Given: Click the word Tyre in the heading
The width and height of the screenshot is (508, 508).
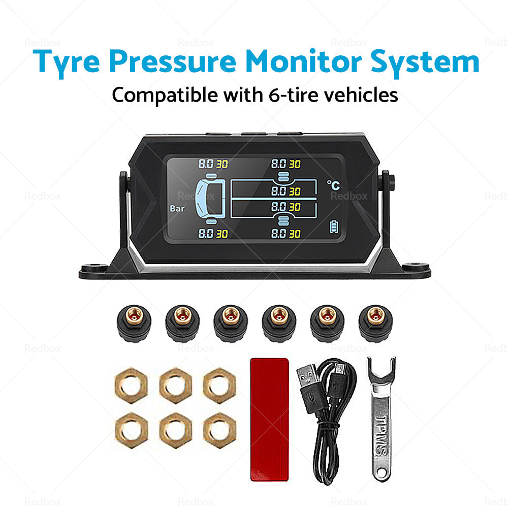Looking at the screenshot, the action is [66, 62].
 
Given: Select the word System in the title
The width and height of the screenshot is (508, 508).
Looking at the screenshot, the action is [425, 62].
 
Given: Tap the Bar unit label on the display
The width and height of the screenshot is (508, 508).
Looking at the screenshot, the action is [177, 209].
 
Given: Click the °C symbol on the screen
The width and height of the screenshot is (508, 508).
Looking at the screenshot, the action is [333, 185].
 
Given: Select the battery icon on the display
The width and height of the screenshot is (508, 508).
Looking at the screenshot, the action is [334, 227].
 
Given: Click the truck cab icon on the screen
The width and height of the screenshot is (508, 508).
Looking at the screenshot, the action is [210, 198].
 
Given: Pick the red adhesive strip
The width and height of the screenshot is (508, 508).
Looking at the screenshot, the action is [270, 419].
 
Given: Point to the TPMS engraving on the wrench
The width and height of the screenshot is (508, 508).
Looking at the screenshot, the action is [382, 435].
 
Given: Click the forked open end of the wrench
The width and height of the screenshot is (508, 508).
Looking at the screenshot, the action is [381, 368].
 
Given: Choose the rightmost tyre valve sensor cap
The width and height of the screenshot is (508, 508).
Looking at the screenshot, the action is [375, 323].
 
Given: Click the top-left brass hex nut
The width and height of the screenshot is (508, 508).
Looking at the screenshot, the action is [131, 385].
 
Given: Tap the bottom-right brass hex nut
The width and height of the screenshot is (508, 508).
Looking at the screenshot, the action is [219, 430].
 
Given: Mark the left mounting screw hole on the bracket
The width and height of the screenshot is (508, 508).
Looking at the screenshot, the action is [94, 267].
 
